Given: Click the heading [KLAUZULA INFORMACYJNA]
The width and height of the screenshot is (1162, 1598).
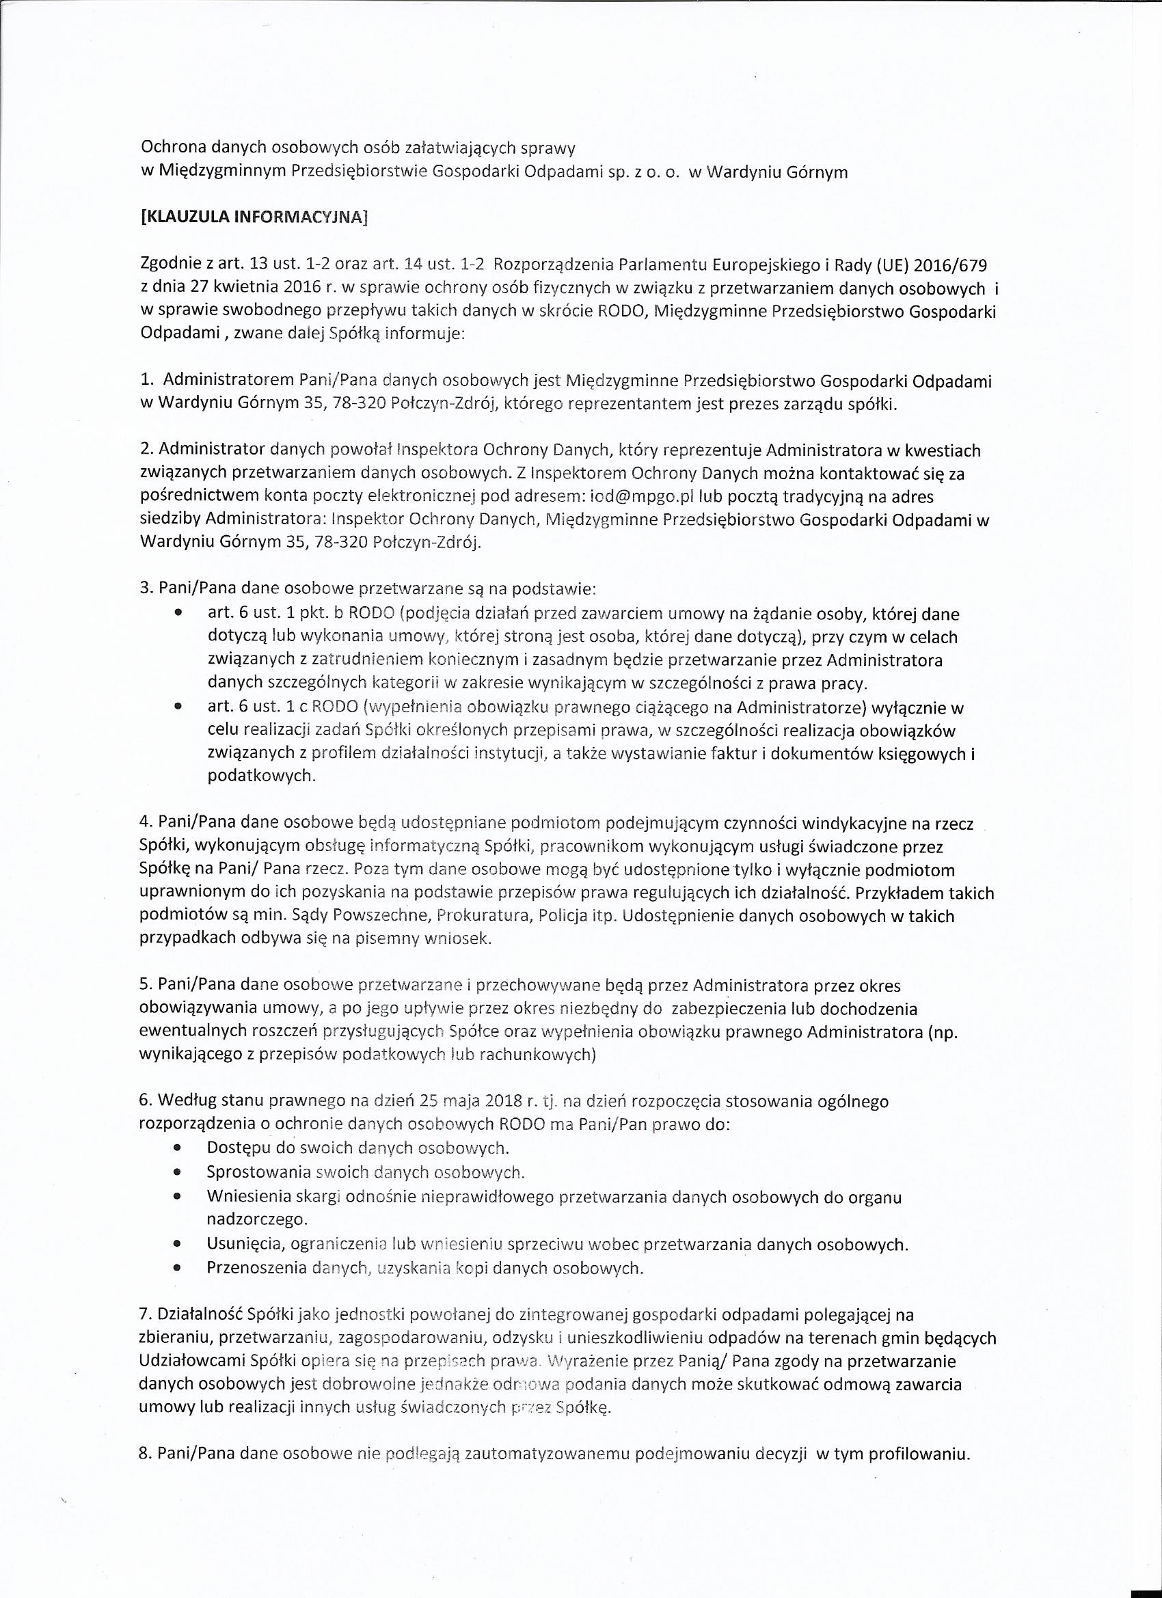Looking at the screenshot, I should coord(254,218).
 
